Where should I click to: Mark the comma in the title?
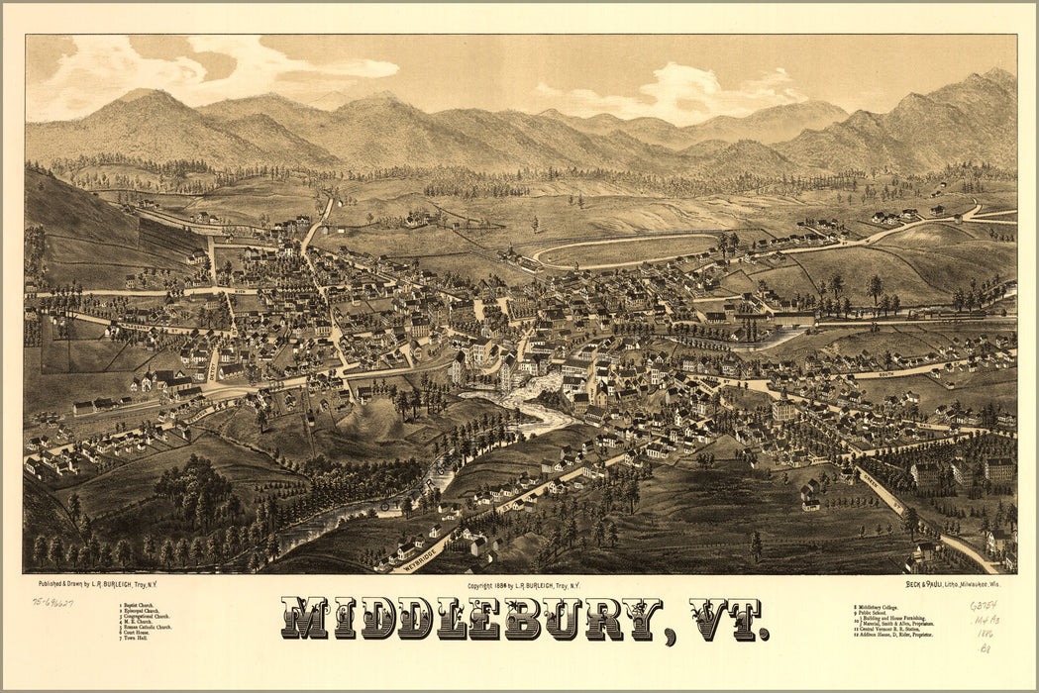(673, 635)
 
